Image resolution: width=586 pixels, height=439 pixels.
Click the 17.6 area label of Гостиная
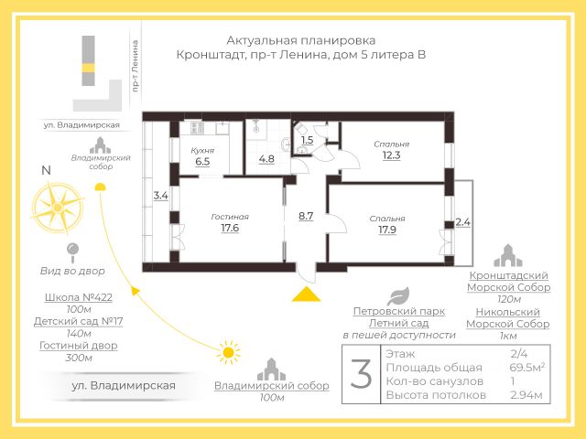tap(230, 229)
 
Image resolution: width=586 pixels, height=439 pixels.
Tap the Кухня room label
tap(202, 149)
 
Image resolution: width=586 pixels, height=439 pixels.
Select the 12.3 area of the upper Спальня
tap(391, 155)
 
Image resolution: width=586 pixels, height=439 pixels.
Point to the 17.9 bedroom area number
tap(387, 230)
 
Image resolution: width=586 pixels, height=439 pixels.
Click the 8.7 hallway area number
tap(306, 216)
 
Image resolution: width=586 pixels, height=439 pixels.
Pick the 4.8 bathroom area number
tap(266, 158)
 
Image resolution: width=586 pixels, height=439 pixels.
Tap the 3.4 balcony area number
tap(161, 196)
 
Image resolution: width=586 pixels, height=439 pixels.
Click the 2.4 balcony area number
tap(462, 222)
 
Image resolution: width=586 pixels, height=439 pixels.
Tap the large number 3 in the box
tap(362, 375)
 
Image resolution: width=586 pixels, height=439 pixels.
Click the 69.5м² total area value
tap(526, 367)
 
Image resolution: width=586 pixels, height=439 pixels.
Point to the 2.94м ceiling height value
tap(526, 395)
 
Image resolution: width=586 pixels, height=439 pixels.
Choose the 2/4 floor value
tap(519, 353)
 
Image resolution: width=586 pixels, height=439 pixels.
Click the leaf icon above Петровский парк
tap(398, 295)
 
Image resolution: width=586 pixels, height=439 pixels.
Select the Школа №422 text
tap(78, 298)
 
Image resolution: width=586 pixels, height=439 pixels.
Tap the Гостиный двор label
tap(79, 345)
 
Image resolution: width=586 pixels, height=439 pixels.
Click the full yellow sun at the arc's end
tap(226, 351)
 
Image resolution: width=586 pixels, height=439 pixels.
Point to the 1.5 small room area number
tap(308, 140)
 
